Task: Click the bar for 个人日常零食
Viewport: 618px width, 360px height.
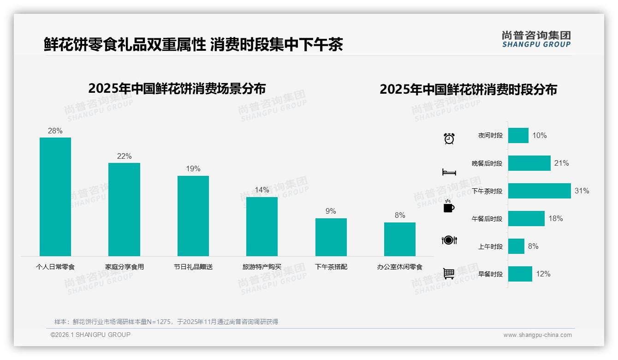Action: (55, 197)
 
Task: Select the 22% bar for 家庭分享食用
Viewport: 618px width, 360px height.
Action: (124, 210)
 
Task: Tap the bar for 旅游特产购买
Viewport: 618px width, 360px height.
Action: (262, 226)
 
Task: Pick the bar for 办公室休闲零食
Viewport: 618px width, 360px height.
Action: (399, 239)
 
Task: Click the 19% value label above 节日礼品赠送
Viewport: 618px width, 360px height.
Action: (193, 169)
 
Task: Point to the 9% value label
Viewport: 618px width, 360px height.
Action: (331, 211)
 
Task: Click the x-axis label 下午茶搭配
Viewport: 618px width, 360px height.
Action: (331, 267)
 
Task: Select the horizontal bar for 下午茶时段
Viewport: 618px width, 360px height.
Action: (539, 191)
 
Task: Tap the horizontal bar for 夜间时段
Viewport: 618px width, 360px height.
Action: (518, 136)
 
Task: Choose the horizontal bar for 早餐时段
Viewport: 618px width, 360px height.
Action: (520, 274)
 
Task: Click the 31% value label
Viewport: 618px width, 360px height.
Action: (582, 191)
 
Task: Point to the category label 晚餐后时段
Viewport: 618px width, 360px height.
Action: (487, 163)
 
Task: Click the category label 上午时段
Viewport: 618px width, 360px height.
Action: (490, 246)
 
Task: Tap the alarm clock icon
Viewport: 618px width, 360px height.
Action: (449, 138)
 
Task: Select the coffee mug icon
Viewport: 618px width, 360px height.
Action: (449, 207)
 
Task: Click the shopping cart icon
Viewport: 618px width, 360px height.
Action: (449, 274)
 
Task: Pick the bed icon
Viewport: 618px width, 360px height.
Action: (449, 172)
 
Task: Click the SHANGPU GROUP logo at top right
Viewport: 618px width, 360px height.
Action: (536, 39)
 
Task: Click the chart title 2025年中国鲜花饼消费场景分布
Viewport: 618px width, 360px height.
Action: (177, 88)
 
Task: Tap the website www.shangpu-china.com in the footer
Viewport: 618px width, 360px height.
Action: (537, 335)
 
